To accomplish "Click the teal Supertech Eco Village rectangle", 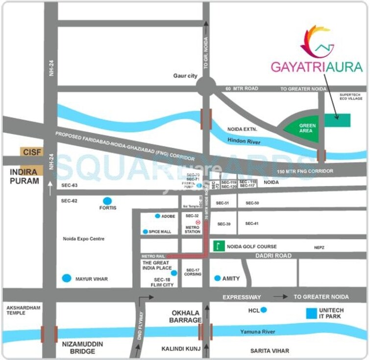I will click(x=337, y=120).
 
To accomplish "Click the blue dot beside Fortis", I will click(x=107, y=201).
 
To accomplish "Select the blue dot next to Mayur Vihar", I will click(x=67, y=278).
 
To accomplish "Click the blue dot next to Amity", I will click(x=218, y=278).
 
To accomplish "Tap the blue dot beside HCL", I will click(x=264, y=310).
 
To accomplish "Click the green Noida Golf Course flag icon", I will click(x=219, y=246).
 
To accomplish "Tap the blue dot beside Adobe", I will click(x=157, y=216).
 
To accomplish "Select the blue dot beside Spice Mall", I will click(x=145, y=232).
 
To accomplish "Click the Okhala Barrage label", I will click(x=186, y=316).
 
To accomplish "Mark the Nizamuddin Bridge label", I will click(x=83, y=348).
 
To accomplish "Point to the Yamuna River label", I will click(x=258, y=332).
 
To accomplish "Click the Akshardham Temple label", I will click(x=24, y=310).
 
